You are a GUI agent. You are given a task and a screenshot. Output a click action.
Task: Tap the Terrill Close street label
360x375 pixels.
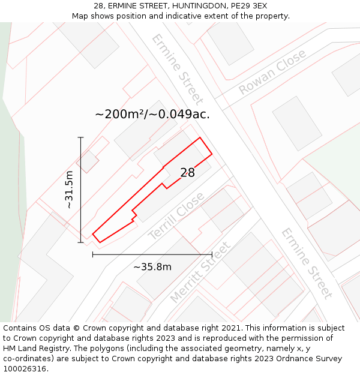pos(176,216)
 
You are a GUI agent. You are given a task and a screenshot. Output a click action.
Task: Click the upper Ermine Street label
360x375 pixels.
pos(177,69)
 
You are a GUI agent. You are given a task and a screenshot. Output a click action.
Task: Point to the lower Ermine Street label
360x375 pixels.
pos(307,263)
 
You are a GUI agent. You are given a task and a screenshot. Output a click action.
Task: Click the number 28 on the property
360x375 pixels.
pos(188,173)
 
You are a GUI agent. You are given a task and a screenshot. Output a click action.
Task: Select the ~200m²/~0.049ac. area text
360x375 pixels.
pos(152,114)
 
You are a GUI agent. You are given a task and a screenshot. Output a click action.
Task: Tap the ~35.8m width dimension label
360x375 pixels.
pos(152,267)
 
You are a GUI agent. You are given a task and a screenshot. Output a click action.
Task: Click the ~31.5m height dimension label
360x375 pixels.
pos(69,190)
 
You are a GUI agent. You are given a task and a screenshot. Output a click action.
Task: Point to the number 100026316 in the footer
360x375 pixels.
pos(26,369)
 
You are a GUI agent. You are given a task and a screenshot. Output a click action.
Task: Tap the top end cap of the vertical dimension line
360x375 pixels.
pos(80,137)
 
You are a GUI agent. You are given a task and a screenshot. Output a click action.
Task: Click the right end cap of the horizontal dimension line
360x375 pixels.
pos(212,254)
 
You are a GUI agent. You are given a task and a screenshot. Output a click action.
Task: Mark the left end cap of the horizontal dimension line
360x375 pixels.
pos(92,254)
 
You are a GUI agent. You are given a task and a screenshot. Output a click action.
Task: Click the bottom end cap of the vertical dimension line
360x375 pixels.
pos(80,242)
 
